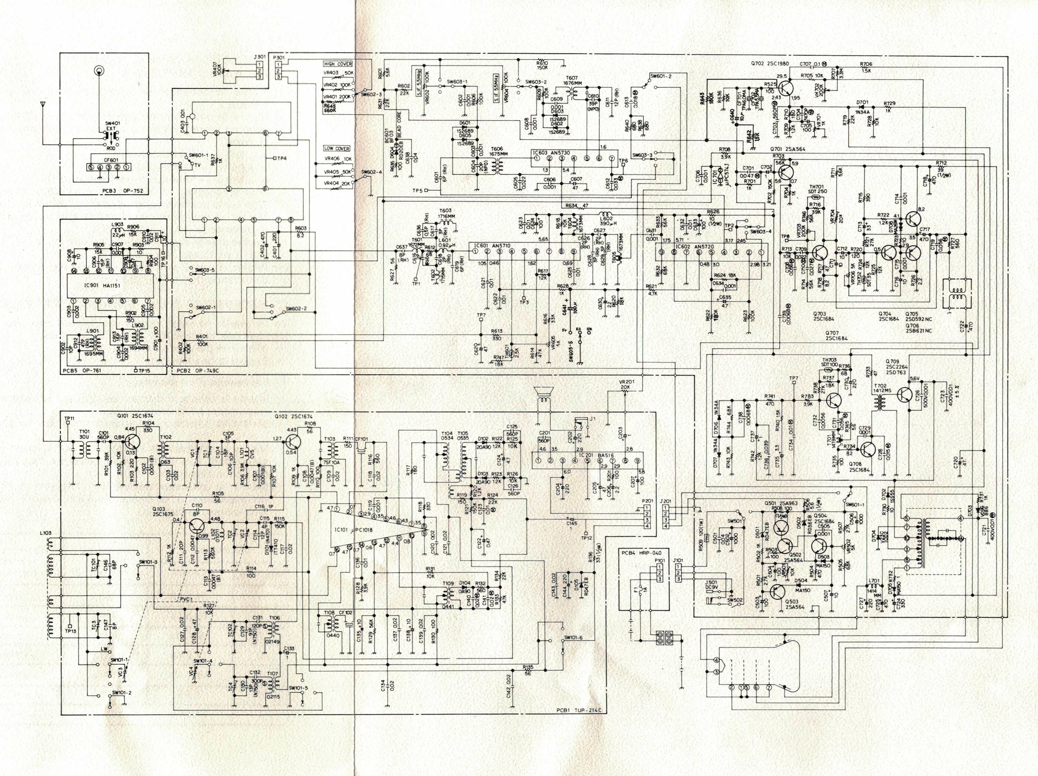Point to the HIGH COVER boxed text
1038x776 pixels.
tap(338, 64)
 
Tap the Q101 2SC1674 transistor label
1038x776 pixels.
tap(135, 416)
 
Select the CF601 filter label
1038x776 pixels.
tap(109, 160)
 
